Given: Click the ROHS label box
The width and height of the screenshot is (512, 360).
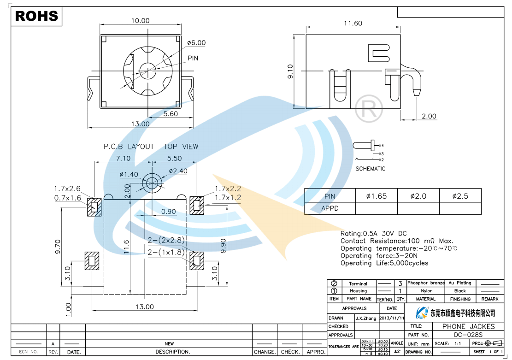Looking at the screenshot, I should click(37, 16).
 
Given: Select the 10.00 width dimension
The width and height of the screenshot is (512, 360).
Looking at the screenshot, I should click(140, 21).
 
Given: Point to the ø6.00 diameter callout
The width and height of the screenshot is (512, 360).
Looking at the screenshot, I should click(196, 43).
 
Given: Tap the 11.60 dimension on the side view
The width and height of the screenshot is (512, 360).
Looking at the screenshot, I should click(353, 23).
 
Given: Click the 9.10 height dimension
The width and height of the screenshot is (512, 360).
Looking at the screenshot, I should click(290, 71).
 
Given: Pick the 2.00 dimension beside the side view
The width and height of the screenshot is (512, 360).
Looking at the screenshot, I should click(429, 116).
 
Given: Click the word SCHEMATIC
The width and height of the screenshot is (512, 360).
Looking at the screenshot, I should click(370, 169).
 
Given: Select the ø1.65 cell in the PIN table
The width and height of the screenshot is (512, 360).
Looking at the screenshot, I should click(376, 196).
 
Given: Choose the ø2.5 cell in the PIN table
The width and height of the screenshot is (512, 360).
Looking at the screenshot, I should click(460, 196).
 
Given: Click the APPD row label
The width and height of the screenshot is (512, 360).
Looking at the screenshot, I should click(330, 208).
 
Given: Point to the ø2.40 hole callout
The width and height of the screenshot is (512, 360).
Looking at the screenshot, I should click(178, 171).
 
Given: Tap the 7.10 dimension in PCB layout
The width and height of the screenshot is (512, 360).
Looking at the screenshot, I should click(123, 158).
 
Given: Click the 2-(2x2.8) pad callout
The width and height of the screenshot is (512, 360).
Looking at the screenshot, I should click(166, 240).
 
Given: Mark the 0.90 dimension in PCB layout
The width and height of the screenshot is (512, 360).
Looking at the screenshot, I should click(168, 212).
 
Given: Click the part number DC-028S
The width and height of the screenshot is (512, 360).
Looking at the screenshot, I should click(468, 335).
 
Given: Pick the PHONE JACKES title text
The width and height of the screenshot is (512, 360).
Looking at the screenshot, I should click(468, 326).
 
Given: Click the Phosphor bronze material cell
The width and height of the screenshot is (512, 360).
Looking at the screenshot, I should click(425, 283).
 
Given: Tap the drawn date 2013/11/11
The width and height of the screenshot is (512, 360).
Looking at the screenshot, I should click(392, 318).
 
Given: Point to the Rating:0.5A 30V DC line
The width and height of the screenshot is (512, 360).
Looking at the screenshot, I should click(373, 234).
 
